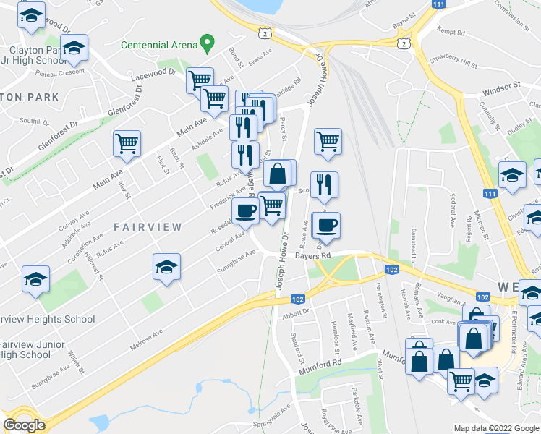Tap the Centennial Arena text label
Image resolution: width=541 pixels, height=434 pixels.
(159, 45)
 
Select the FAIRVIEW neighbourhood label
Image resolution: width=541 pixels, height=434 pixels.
(148, 226)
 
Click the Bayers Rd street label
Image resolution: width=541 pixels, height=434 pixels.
(312, 255)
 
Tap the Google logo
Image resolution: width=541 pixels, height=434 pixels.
(25, 425)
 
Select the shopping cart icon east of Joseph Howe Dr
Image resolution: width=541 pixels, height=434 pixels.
(328, 142)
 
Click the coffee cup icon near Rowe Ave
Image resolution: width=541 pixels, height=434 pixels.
(325, 226)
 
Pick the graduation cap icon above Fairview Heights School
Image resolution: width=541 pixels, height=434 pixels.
(35, 280)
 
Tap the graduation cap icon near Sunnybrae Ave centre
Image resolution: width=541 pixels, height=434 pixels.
(166, 268)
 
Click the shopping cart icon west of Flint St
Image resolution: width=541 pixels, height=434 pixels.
(127, 144)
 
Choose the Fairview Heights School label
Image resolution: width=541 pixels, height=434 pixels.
(46, 319)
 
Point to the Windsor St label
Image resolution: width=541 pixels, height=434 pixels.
(502, 85)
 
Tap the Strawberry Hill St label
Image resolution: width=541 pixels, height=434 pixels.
(453, 65)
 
